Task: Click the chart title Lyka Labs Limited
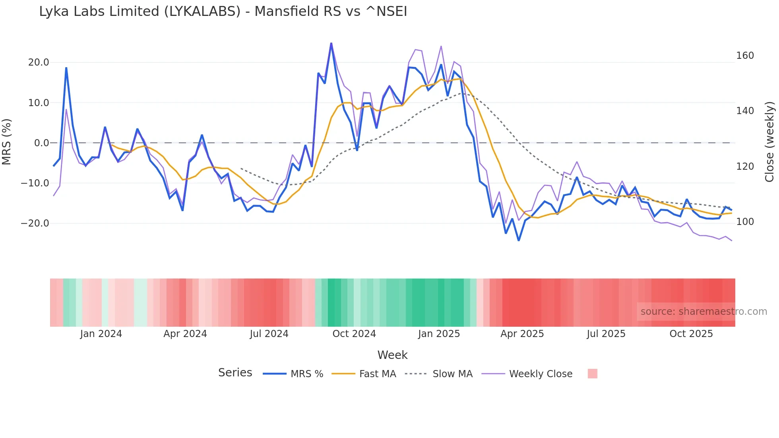coord(223,12)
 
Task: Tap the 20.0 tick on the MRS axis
coord(39,62)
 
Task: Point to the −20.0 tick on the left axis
coord(35,223)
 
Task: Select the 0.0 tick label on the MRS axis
coord(42,143)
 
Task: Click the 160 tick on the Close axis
coord(745,56)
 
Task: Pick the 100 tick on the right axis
coord(745,222)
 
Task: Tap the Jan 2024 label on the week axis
coord(101,334)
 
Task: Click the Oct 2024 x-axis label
coord(354,334)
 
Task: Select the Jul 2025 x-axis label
coord(606,334)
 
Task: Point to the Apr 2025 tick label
coord(522,334)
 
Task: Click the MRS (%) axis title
coord(7,142)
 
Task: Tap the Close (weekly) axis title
coord(769,142)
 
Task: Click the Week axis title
coord(392,355)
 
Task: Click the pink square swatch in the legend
coord(592,374)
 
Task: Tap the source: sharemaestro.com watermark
coord(703,312)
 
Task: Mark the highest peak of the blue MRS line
coord(331,43)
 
